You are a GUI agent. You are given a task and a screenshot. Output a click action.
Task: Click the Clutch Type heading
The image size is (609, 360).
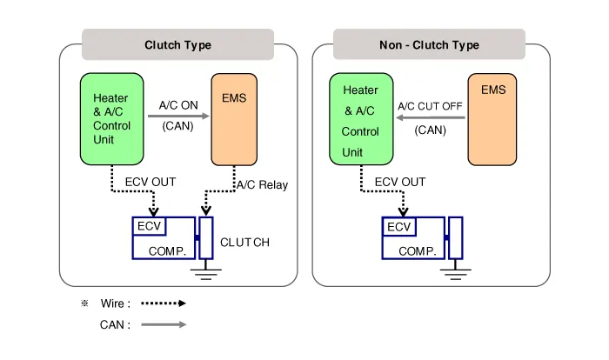tap(177, 45)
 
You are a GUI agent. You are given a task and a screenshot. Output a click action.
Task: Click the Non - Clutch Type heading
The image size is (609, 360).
tap(429, 45)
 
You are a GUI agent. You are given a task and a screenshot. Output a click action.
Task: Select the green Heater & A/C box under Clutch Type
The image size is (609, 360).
tap(112, 119)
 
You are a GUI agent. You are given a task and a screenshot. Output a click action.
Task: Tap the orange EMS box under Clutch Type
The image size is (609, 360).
tap(234, 119)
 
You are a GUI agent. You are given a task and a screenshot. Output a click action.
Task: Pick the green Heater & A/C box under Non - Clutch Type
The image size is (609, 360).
tap(360, 119)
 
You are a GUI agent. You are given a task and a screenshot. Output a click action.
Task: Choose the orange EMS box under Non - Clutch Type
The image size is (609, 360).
tap(492, 119)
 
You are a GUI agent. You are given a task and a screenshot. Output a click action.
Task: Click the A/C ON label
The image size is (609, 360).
tap(179, 106)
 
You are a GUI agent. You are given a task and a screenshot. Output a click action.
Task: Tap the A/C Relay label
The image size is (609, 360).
tap(262, 184)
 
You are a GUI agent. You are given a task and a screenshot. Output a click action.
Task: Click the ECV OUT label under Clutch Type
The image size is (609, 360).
tap(151, 182)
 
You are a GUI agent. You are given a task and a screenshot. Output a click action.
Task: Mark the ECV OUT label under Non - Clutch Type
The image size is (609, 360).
tap(400, 182)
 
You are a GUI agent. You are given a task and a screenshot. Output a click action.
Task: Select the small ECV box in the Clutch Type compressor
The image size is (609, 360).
tap(148, 225)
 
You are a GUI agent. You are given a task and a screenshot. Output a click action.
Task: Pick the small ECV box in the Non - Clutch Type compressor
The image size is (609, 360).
tap(399, 226)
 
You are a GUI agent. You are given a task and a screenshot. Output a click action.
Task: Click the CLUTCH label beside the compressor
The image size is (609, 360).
tap(244, 242)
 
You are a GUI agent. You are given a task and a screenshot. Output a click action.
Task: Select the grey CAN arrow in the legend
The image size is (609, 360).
tap(164, 324)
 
